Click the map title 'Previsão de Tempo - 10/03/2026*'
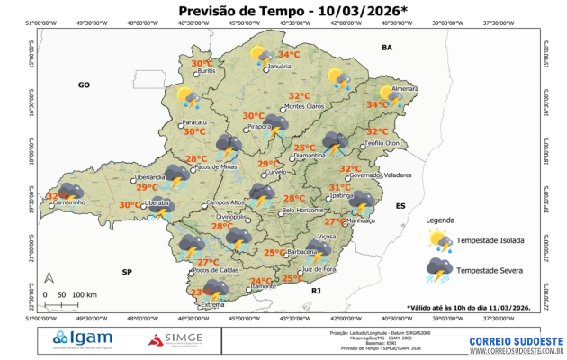(x=286, y=11)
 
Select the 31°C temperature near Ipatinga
(x=339, y=187)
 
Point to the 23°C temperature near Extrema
(x=202, y=292)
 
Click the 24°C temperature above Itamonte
(x=261, y=281)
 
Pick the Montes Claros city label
(x=303, y=107)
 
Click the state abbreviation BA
(x=388, y=47)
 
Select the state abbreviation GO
(x=85, y=85)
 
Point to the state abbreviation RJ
(x=316, y=291)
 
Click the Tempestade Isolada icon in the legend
(x=439, y=240)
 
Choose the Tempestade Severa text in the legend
(x=490, y=269)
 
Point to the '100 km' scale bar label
(x=85, y=294)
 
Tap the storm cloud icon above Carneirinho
(x=70, y=191)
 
